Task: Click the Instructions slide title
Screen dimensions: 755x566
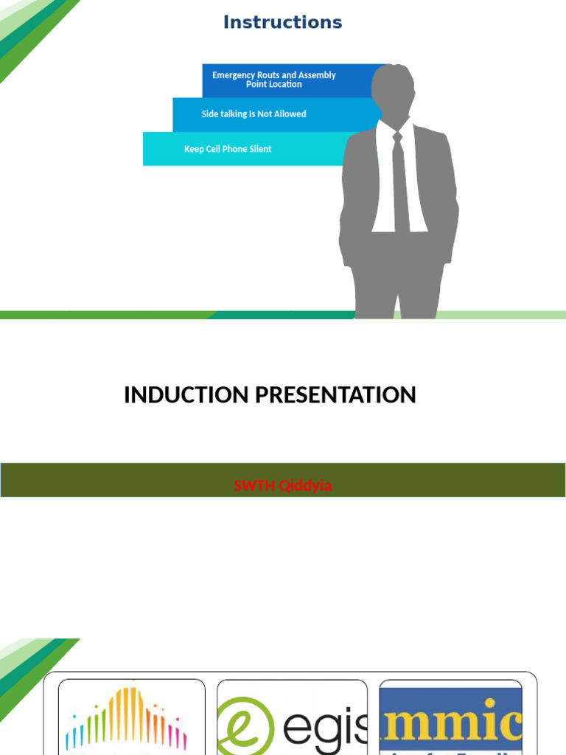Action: pos(282,22)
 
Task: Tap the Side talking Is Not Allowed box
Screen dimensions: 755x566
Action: pos(254,114)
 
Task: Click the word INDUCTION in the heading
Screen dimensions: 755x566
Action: pos(186,395)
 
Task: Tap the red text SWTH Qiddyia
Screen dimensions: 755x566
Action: pos(282,486)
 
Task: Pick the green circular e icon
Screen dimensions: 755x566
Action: pos(243,726)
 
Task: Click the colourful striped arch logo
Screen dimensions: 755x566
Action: pos(127,719)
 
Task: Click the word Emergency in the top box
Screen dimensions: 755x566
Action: pos(234,75)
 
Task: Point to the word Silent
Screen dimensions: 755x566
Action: pos(260,149)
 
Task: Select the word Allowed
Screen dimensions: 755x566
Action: pos(290,114)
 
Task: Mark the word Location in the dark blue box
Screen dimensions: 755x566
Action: pos(285,85)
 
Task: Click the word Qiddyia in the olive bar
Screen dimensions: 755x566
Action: pos(304,486)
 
